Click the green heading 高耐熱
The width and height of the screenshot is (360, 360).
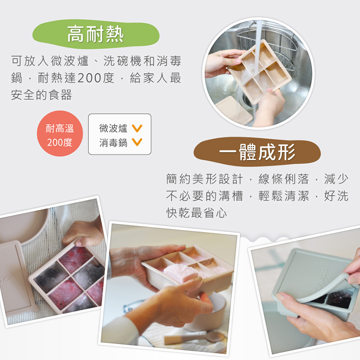(95, 34)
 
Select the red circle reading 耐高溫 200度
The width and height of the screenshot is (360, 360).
(60, 135)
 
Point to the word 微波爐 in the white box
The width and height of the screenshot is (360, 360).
(113, 128)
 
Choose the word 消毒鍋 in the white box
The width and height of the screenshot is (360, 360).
(113, 142)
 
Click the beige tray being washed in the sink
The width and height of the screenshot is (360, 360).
(259, 72)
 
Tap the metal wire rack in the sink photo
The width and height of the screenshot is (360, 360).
(281, 38)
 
